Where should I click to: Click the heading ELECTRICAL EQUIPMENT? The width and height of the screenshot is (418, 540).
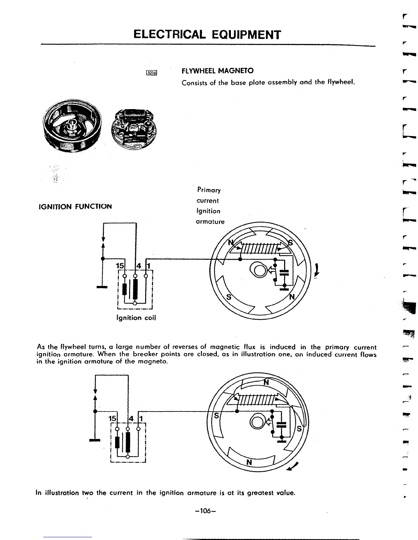pyautogui.click(x=207, y=34)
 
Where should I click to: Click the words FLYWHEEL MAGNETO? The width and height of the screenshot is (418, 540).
pyautogui.click(x=218, y=71)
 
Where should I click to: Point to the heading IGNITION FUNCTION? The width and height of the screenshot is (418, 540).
pyautogui.click(x=75, y=207)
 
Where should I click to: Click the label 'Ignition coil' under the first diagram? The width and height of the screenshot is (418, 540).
pyautogui.click(x=136, y=318)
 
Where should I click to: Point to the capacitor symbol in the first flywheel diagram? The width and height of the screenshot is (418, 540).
pyautogui.click(x=284, y=272)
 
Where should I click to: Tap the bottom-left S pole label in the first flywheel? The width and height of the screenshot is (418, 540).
pyautogui.click(x=229, y=297)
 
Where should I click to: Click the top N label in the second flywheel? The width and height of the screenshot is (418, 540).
pyautogui.click(x=266, y=382)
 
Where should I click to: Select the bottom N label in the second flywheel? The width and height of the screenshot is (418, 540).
pyautogui.click(x=249, y=462)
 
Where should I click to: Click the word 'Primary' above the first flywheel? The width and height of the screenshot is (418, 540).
pyautogui.click(x=209, y=190)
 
